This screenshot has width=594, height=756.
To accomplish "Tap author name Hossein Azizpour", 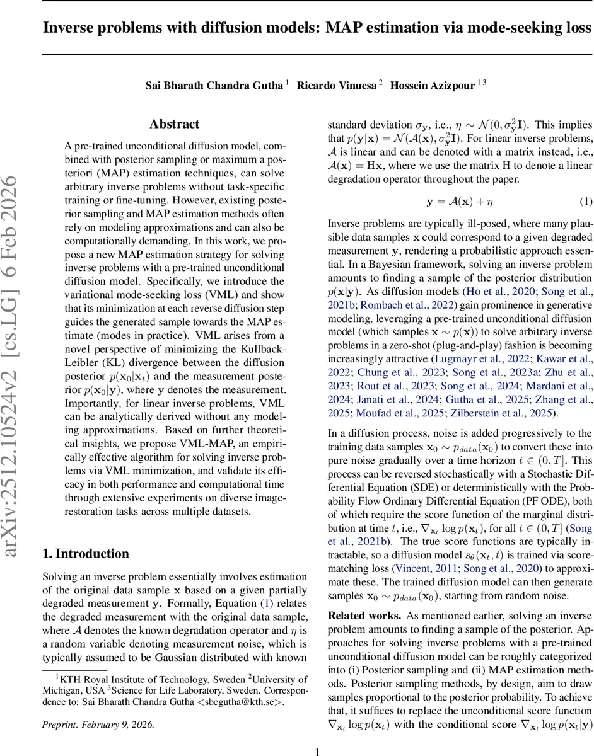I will (x=433, y=84).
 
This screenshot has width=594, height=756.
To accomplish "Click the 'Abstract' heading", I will (x=175, y=124).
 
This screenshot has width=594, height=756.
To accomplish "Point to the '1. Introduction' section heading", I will (x=85, y=554).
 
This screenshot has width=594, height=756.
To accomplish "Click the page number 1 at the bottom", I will (x=318, y=751).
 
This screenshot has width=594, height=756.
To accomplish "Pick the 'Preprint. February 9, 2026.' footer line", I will (x=98, y=724).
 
